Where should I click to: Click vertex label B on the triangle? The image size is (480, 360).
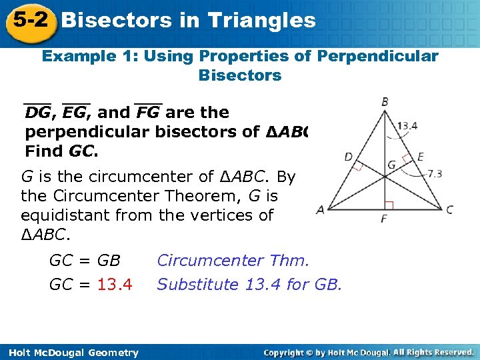pyautogui.click(x=385, y=102)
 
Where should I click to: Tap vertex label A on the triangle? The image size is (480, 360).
pyautogui.click(x=320, y=209)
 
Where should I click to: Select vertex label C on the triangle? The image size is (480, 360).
pyautogui.click(x=450, y=209)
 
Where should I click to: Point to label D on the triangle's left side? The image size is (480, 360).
pyautogui.click(x=348, y=157)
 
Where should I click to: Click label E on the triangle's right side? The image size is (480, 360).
pyautogui.click(x=420, y=157)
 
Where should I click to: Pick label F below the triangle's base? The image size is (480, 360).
pyautogui.click(x=385, y=219)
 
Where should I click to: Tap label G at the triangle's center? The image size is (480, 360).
pyautogui.click(x=392, y=164)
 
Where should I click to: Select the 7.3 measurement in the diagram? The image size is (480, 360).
pyautogui.click(x=434, y=174)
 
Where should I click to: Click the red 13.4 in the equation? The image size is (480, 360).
pyautogui.click(x=115, y=285)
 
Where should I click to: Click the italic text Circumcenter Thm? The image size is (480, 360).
pyautogui.click(x=233, y=260)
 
